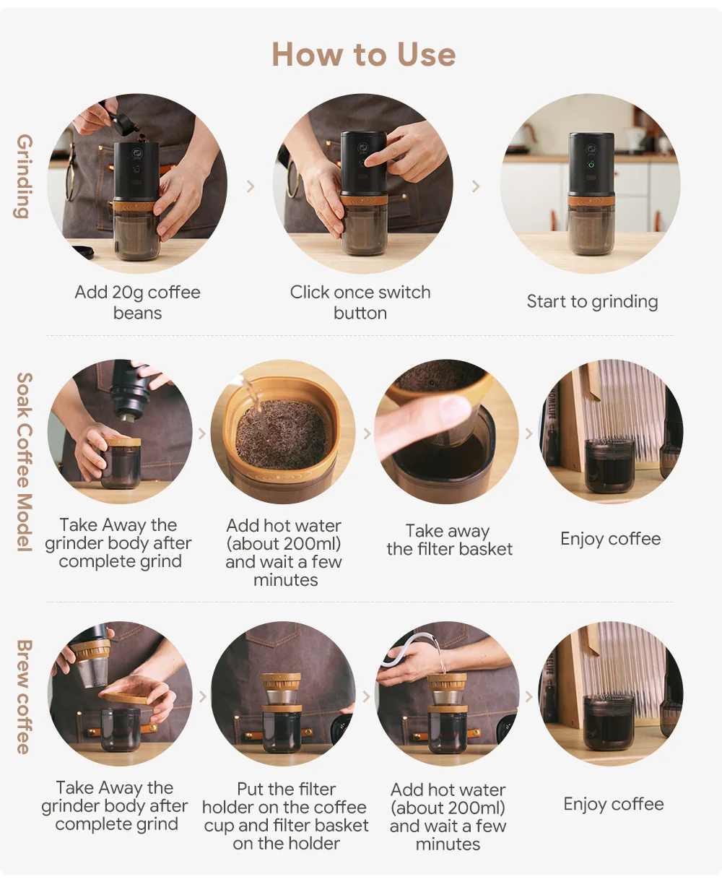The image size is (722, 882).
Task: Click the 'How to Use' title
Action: [363, 55]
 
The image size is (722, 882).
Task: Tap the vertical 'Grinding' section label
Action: [24, 176]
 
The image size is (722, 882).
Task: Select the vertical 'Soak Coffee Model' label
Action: [24, 462]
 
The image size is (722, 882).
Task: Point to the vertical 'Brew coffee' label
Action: [24, 696]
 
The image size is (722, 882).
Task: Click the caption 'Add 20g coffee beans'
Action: [137, 302]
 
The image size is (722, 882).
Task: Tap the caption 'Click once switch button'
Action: [360, 302]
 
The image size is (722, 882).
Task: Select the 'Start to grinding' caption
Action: [592, 301]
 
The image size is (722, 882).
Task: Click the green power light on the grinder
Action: [591, 165]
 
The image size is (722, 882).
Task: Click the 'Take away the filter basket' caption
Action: [449, 540]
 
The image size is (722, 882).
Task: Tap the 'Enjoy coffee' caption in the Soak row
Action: [610, 539]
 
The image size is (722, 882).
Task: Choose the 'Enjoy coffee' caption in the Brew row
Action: [613, 804]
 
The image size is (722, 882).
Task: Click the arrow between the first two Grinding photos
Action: [251, 186]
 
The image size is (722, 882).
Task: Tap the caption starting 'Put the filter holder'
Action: [286, 816]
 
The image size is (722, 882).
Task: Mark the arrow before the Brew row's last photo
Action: [529, 696]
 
